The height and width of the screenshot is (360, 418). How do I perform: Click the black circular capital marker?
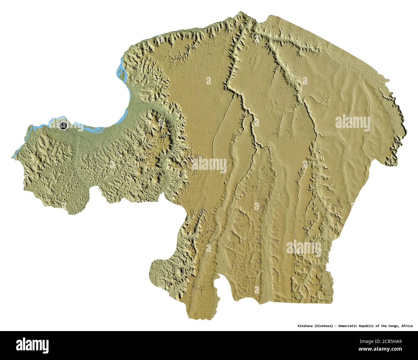pyautogui.click(x=63, y=125)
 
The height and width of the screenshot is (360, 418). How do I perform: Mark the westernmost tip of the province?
pyautogui.click(x=13, y=158)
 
